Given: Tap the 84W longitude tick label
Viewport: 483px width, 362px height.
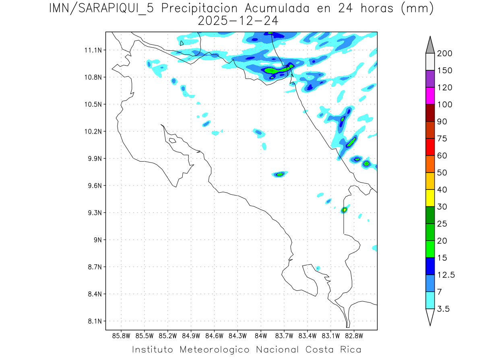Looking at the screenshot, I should point(261,335).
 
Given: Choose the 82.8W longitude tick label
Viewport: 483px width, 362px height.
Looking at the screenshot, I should point(354,335).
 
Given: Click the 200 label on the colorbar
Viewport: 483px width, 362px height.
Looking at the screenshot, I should point(445,53).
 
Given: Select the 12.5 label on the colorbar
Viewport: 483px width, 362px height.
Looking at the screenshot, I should point(446,275).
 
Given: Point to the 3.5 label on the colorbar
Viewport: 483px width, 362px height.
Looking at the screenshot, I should point(444,309).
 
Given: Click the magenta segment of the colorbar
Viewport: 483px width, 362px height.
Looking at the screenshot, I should point(430,96).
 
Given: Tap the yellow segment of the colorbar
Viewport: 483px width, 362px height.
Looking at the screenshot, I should point(430,198).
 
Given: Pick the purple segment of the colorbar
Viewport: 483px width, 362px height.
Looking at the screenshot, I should point(430,79).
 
